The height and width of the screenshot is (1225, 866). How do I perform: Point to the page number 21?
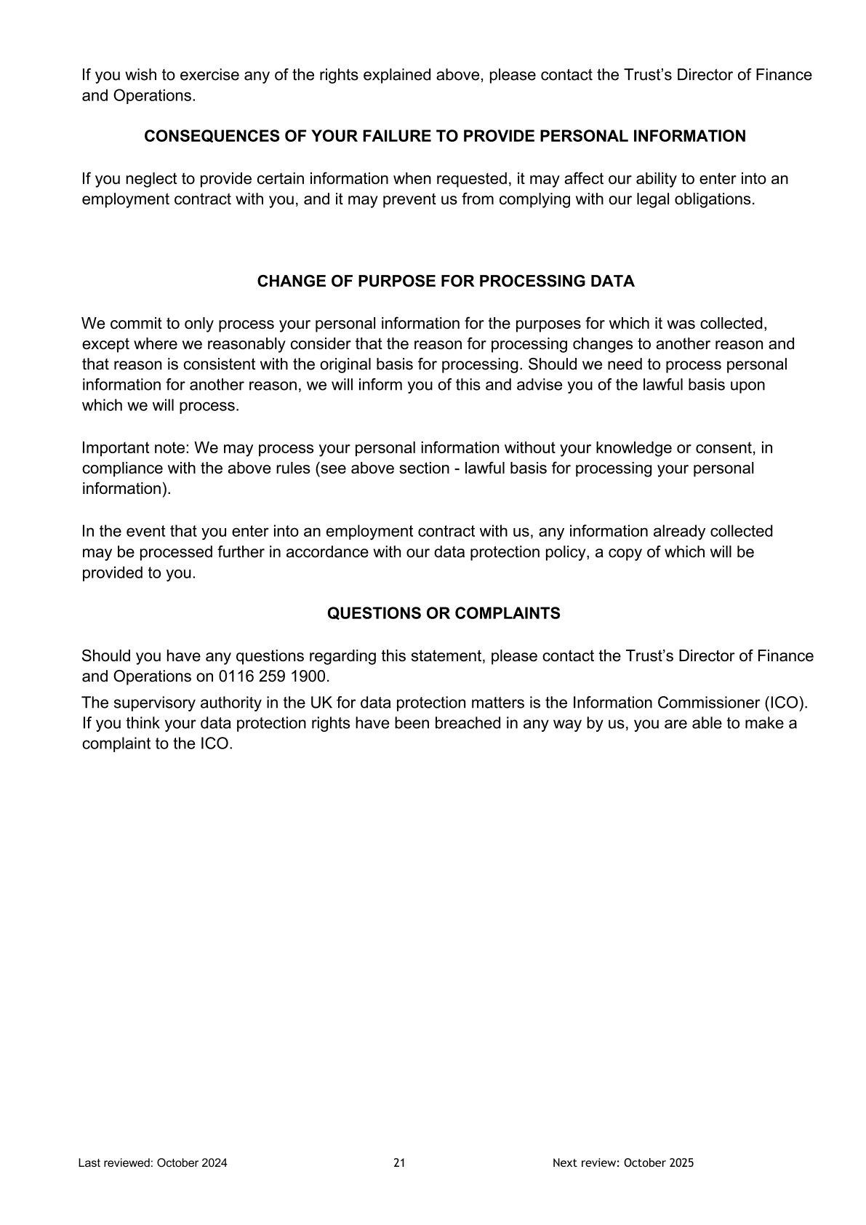[399, 1163]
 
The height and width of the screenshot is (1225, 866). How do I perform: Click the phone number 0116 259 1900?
[273, 677]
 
